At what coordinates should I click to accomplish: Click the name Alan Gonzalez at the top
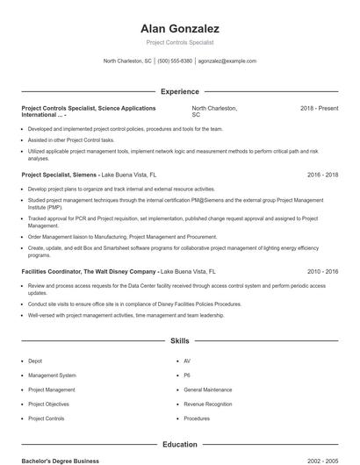coord(179,28)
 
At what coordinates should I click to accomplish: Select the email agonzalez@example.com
coord(227,61)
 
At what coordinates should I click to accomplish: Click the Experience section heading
coord(179,91)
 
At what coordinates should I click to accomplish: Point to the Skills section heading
coord(179,340)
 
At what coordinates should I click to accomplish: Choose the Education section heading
coord(179,445)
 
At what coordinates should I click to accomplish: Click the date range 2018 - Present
coord(319,108)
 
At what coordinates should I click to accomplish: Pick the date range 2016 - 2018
coord(322,175)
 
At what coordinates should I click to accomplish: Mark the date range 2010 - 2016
coord(322,272)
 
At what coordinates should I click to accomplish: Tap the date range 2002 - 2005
coord(322,461)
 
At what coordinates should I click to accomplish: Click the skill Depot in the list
coord(35,361)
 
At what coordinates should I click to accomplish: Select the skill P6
coord(188,376)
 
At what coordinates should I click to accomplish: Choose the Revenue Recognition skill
coord(208,404)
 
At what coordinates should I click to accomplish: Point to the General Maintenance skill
coord(208,390)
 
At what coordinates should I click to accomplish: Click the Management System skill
coord(52,376)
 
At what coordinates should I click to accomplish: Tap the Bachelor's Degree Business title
coord(61,461)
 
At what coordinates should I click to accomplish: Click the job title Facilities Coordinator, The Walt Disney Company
coord(89,272)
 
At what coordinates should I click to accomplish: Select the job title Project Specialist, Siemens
coord(59,175)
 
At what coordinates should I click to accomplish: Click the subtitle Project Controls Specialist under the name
coord(179,42)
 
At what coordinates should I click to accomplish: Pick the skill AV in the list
coord(188,361)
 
